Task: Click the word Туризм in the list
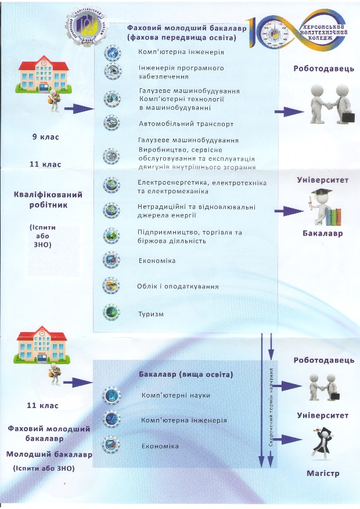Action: (151, 314)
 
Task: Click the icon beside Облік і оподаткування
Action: (111, 286)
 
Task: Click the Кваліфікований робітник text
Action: (48, 200)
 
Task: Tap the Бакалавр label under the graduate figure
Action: (323, 233)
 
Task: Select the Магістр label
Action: (322, 474)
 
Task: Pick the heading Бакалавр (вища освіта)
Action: (186, 375)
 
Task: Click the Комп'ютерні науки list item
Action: (175, 395)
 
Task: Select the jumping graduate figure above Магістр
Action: (323, 444)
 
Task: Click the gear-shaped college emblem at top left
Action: (89, 26)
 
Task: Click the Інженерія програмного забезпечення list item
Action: (181, 72)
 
